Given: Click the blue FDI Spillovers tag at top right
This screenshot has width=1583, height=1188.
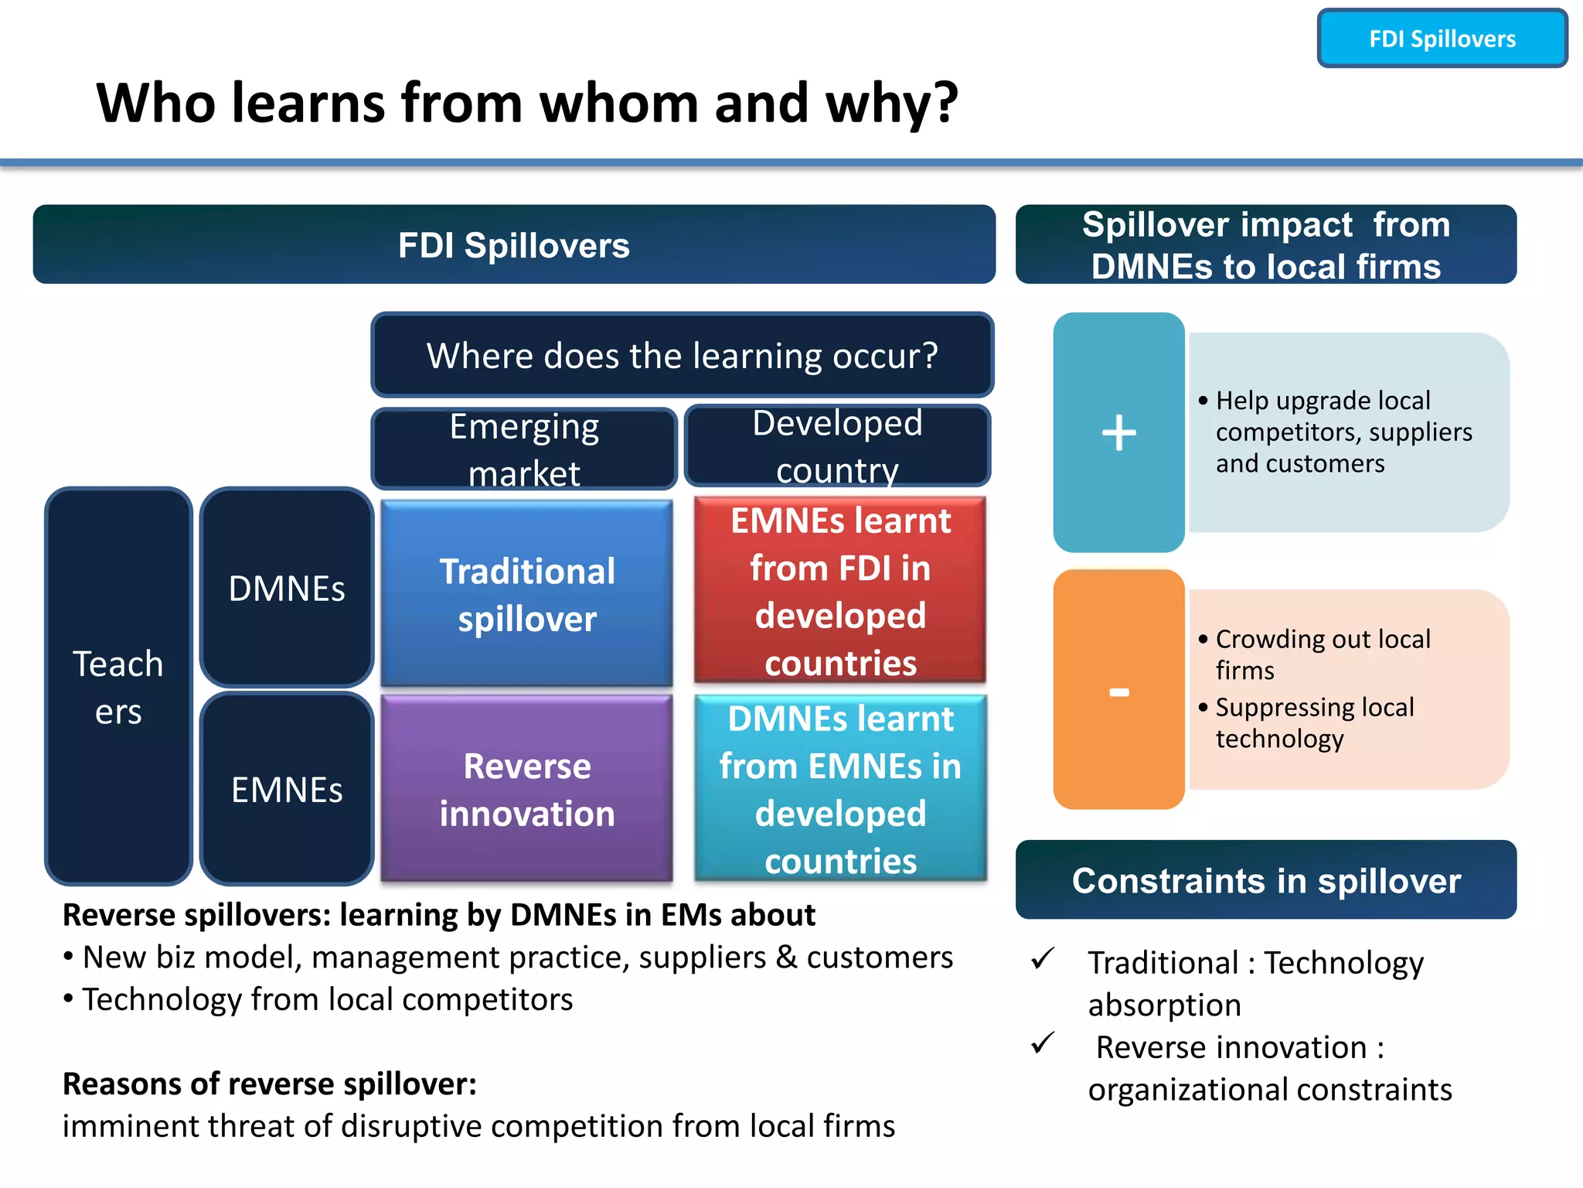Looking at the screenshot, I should coord(1442,39).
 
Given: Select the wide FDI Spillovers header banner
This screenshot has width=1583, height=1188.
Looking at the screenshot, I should coord(514,245).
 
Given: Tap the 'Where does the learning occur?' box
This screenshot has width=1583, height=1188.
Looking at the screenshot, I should coord(682,356).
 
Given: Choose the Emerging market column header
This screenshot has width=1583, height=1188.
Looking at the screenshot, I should coord(524,449).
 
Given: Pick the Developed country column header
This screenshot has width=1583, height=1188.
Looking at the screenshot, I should coord(837,446).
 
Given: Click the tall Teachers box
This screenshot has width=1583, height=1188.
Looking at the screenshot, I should coord(118,686).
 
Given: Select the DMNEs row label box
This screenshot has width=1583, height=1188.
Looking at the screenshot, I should coord(287,589).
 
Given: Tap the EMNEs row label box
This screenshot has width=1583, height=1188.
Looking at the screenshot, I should coord(287,790).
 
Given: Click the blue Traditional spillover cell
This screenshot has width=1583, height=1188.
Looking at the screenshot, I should coord(527,594).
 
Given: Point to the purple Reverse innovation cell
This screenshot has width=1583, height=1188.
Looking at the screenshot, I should coord(527,789).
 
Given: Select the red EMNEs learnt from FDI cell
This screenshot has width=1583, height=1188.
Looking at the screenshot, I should coord(840,591).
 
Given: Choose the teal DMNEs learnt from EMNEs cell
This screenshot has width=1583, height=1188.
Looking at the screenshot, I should coord(840,789).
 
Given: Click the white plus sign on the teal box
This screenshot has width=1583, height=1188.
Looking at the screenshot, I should coord(1118,432).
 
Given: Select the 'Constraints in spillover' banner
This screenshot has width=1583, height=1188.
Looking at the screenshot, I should coord(1265,881).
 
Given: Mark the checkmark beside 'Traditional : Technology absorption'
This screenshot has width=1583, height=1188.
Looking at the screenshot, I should coord(1043,959).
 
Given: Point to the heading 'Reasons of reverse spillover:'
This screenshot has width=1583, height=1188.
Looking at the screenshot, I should coord(269,1084).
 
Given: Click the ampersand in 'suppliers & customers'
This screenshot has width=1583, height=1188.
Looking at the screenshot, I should coord(786,958).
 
